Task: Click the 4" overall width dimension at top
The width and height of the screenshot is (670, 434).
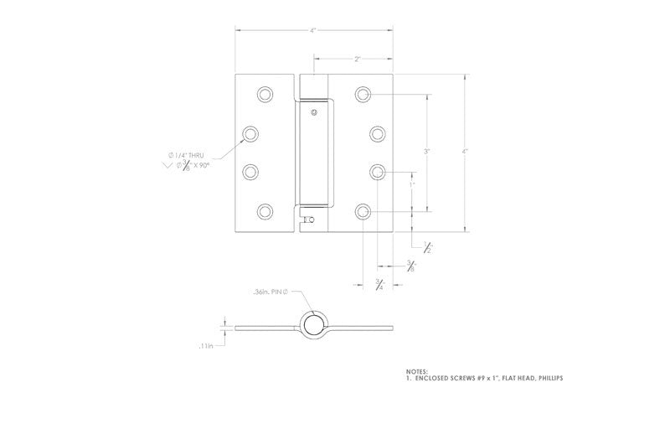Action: click(312, 31)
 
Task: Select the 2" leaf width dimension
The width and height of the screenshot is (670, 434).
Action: click(357, 59)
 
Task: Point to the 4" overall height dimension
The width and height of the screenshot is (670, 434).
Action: click(465, 152)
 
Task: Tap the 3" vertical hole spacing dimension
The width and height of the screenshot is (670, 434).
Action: click(426, 152)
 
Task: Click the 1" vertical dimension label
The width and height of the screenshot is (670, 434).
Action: click(411, 183)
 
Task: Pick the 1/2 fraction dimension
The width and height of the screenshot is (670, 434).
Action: click(428, 245)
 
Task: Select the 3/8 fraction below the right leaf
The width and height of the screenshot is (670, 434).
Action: click(410, 266)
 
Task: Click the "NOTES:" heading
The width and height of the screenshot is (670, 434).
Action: click(415, 370)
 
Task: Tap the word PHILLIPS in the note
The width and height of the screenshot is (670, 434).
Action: click(544, 378)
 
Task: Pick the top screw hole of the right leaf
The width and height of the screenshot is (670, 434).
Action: click(363, 94)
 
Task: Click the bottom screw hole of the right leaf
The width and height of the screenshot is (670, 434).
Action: click(363, 211)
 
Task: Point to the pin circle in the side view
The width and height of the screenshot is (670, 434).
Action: click(312, 325)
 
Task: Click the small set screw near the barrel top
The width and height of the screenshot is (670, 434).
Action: click(313, 112)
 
